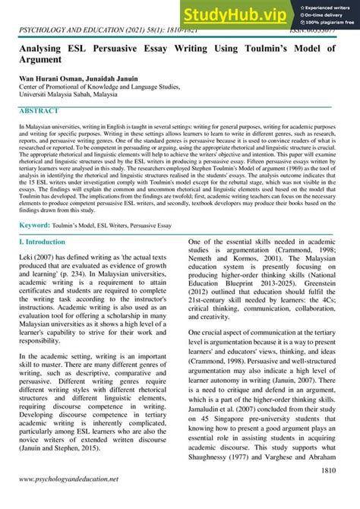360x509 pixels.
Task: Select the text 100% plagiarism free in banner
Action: [x=330, y=23]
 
